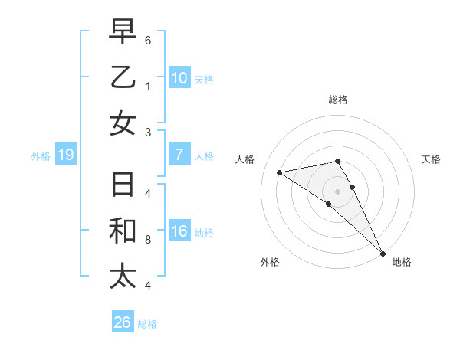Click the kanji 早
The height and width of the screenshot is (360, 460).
[123, 33]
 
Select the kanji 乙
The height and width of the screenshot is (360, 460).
[123, 78]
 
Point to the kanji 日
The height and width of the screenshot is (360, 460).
[123, 186]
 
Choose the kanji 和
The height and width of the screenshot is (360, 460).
[123, 231]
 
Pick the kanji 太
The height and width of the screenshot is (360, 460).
[123, 277]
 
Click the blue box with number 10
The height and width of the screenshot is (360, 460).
[179, 78]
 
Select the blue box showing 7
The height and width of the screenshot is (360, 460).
[179, 155]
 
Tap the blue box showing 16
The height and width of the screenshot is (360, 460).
[179, 232]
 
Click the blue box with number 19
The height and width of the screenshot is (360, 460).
[66, 155]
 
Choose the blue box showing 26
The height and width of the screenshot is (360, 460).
[123, 322]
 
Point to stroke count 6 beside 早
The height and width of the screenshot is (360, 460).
[148, 39]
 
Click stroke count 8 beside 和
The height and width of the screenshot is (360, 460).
[148, 239]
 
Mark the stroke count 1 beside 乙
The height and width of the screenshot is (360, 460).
[148, 85]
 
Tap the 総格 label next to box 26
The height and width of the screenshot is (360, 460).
[147, 324]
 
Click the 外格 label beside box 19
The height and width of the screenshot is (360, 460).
[41, 156]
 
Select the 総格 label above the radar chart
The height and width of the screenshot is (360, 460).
[338, 100]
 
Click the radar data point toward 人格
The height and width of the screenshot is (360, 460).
[280, 172]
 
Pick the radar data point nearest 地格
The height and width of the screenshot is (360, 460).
[382, 254]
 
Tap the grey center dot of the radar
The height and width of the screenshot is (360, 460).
[338, 191]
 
